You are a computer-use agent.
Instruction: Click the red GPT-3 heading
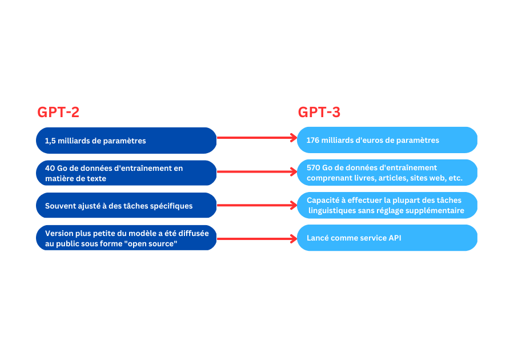(319, 112)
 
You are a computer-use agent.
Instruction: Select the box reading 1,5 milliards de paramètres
(126, 141)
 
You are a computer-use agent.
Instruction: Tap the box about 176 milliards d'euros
(387, 140)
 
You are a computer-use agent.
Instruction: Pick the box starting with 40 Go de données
(126, 173)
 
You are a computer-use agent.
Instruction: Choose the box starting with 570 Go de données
(387, 173)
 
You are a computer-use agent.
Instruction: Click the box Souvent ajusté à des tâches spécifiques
(126, 206)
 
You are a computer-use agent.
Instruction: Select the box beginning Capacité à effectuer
(387, 205)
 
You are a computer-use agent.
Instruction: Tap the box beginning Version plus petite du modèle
(126, 238)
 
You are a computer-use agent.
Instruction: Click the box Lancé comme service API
(387, 238)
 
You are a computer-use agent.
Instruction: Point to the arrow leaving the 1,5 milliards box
(257, 138)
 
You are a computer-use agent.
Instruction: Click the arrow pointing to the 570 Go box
(257, 171)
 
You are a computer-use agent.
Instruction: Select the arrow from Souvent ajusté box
(257, 205)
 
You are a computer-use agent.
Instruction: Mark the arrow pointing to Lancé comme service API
(257, 238)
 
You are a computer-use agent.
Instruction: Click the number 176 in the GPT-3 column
(314, 140)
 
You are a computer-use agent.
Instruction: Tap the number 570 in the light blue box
(314, 167)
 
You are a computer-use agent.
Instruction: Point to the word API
(395, 238)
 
